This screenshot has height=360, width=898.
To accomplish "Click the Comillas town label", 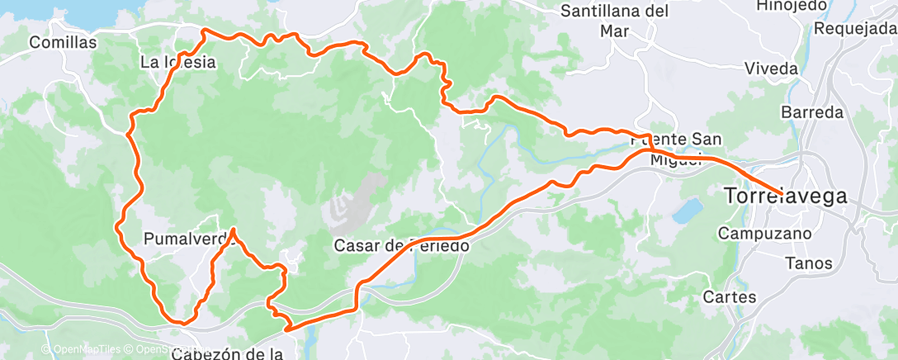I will pyautogui.click(x=63, y=42).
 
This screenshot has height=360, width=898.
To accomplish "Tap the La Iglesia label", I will pyautogui.click(x=177, y=62).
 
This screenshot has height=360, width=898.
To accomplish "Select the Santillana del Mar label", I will pyautogui.click(x=614, y=21).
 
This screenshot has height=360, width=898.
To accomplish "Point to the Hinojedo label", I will pyautogui.click(x=792, y=6).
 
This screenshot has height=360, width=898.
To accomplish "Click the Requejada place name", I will pyautogui.click(x=854, y=28).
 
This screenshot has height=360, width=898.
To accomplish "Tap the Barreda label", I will pyautogui.click(x=812, y=111).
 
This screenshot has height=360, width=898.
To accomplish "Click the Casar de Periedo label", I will pyautogui.click(x=402, y=245).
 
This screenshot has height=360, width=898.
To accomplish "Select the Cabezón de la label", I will pyautogui.click(x=228, y=353).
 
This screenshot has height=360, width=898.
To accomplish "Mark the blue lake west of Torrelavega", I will pyautogui.click(x=687, y=211).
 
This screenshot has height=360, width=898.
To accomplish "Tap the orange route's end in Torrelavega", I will pyautogui.click(x=780, y=192).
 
